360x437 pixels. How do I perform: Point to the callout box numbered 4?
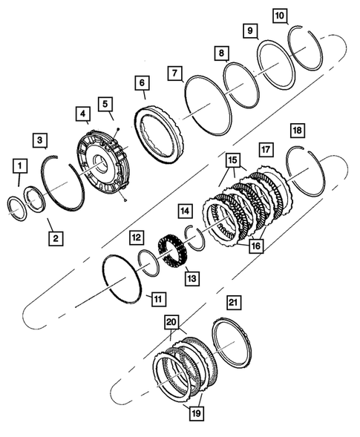83,114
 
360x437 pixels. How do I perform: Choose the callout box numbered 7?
176,74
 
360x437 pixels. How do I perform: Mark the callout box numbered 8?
221,53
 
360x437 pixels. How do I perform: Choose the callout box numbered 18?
296,130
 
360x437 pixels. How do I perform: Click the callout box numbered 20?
172,324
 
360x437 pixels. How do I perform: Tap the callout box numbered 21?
232,302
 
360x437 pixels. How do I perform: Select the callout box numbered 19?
195,412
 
